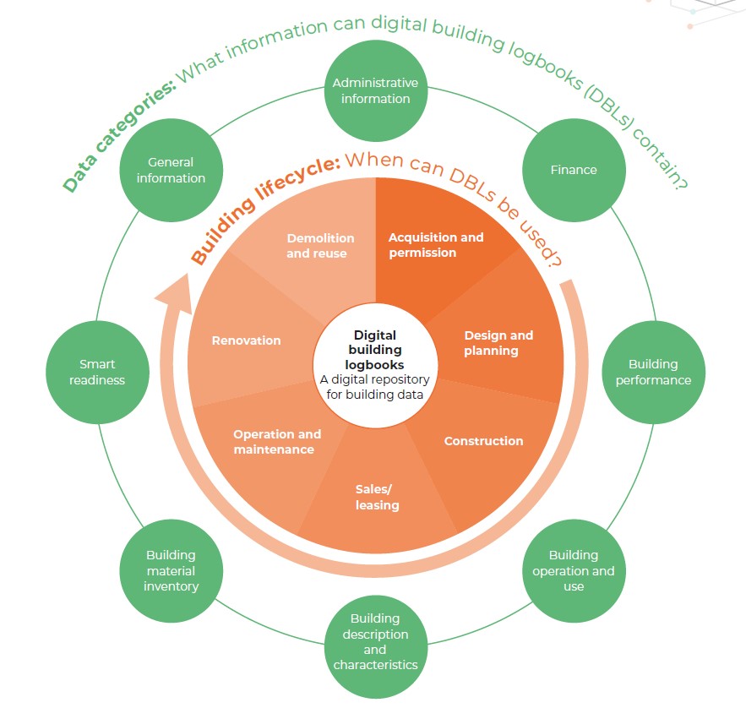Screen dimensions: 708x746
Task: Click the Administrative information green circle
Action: tap(375, 91)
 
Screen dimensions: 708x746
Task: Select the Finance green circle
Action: tap(574, 170)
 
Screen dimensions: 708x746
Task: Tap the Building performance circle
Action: tap(652, 372)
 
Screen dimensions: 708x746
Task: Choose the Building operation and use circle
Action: tap(573, 571)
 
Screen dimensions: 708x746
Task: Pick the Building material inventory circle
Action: tap(171, 571)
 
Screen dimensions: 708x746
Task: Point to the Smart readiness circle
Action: tap(96, 372)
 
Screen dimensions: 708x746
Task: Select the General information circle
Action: tap(171, 170)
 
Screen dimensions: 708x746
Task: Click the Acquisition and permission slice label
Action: tap(436, 245)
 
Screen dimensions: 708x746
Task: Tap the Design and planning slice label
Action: tap(498, 343)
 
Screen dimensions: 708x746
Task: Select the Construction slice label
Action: tap(483, 441)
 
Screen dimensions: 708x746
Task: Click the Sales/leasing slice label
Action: tap(377, 498)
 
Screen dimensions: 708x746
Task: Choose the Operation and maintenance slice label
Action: tap(276, 442)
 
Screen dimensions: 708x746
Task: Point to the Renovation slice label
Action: tap(246, 340)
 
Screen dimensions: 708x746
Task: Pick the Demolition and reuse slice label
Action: tap(320, 245)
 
